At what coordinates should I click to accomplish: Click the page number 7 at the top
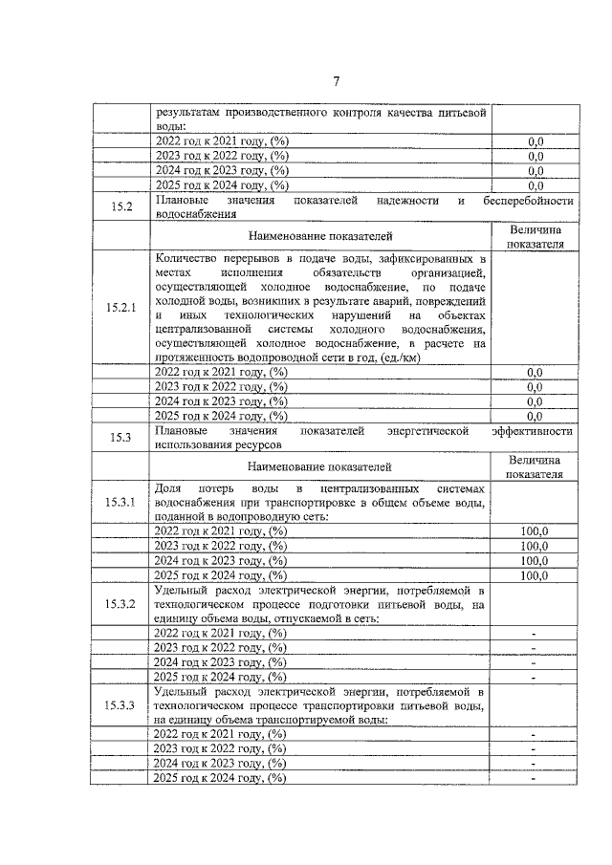click(x=336, y=80)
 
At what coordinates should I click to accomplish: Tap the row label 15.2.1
click(x=121, y=308)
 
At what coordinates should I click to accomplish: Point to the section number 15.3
click(x=121, y=438)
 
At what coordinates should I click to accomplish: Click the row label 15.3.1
click(x=121, y=501)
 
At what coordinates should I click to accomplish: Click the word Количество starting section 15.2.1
click(x=189, y=258)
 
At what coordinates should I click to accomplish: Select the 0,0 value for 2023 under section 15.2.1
click(x=535, y=386)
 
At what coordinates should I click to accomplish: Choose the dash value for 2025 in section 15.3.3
click(x=535, y=779)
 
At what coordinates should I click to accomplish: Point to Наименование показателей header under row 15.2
click(x=319, y=235)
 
